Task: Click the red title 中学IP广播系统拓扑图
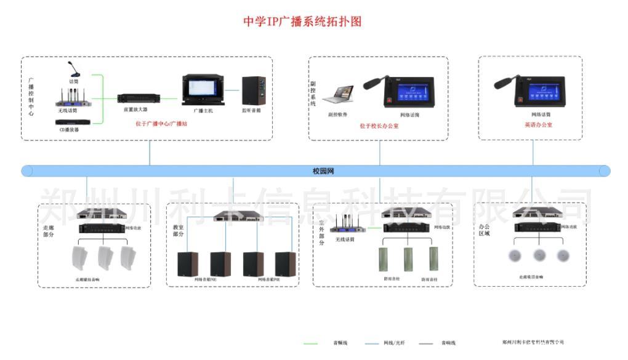[302, 22]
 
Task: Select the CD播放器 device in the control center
[69, 122]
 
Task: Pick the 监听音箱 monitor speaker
[254, 92]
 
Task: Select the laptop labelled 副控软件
[338, 96]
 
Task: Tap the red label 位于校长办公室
[379, 126]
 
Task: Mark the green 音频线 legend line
[312, 343]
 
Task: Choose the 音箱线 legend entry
[448, 343]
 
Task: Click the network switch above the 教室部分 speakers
[233, 217]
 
